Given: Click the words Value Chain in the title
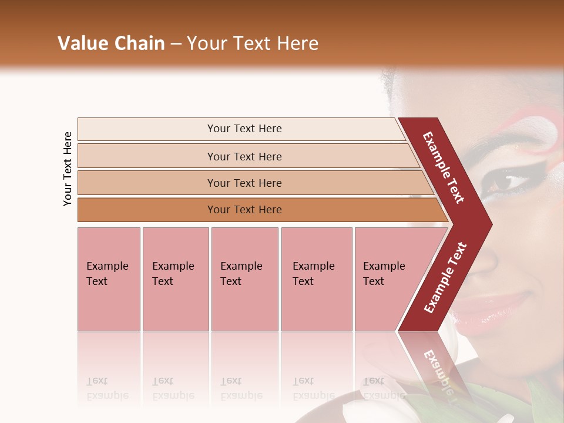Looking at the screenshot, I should tap(111, 43).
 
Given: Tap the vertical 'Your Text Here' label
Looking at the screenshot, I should tap(68, 169).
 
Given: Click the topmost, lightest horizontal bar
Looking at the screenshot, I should tap(244, 129).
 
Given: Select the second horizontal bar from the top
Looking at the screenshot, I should tap(244, 156).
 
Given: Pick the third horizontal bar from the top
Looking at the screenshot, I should tap(244, 183).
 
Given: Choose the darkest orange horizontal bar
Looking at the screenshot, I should tap(244, 210).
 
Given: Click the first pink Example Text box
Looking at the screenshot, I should tap(109, 278).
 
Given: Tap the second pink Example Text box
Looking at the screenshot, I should tap(175, 278).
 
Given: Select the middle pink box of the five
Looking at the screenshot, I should tap(244, 278).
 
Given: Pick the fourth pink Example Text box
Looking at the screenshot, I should tap(316, 278).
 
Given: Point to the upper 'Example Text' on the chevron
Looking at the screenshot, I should tap(444, 167).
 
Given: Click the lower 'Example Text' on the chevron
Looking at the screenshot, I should tap(445, 277).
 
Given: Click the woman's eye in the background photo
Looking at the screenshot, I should tap(505, 182).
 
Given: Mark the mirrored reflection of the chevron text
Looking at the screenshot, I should tap(438, 370).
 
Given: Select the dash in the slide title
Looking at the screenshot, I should tap(176, 44).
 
